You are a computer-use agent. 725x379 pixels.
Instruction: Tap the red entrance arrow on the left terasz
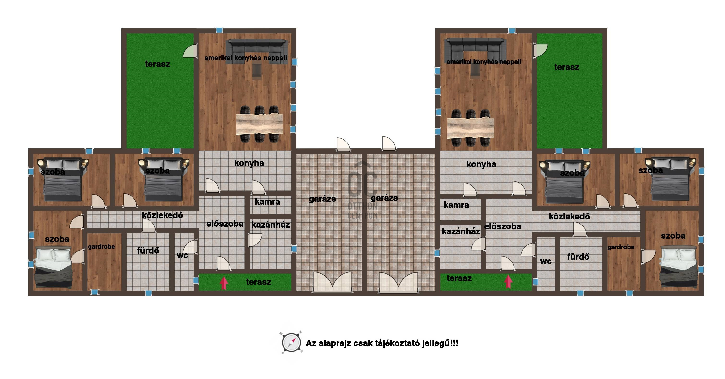pyautogui.click(x=224, y=283)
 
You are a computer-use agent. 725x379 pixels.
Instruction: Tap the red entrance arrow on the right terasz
pyautogui.click(x=508, y=282)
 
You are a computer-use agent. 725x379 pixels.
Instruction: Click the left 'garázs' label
pyautogui.click(x=322, y=199)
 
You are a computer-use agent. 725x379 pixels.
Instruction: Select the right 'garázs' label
pyautogui.click(x=384, y=198)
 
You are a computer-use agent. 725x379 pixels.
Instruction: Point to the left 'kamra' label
pyautogui.click(x=267, y=201)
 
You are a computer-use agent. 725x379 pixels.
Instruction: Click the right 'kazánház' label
pyautogui.click(x=461, y=231)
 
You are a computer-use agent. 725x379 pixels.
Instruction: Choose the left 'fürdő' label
pyautogui.click(x=148, y=250)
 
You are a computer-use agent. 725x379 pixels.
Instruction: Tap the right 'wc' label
pyautogui.click(x=546, y=261)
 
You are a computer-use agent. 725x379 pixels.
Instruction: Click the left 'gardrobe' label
pyautogui.click(x=101, y=247)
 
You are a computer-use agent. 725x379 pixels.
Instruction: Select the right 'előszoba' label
pyautogui.click(x=503, y=226)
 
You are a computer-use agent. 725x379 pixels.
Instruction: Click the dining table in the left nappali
pyautogui.click(x=259, y=124)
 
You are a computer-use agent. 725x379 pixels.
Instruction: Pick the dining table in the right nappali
pyautogui.click(x=471, y=128)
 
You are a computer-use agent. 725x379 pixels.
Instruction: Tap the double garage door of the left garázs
pyautogui.click(x=332, y=282)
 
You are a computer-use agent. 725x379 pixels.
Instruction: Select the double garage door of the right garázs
pyautogui.click(x=398, y=282)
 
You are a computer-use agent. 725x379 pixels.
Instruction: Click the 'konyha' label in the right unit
pyautogui.click(x=481, y=164)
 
